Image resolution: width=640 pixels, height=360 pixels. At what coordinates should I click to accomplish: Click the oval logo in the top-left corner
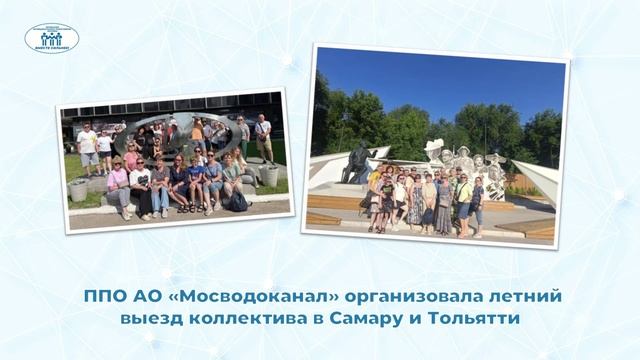coord(52,39)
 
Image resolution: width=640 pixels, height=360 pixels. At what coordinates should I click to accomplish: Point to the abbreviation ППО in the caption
coord(100,295)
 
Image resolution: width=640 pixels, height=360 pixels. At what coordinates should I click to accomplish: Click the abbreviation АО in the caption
coord(142,295)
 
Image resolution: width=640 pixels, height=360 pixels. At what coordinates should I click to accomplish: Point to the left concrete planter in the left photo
coord(78,190)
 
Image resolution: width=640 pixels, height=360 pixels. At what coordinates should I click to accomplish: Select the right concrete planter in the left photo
coord(267,175)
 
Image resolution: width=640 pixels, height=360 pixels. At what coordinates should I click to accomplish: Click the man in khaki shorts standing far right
coord(263,137)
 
